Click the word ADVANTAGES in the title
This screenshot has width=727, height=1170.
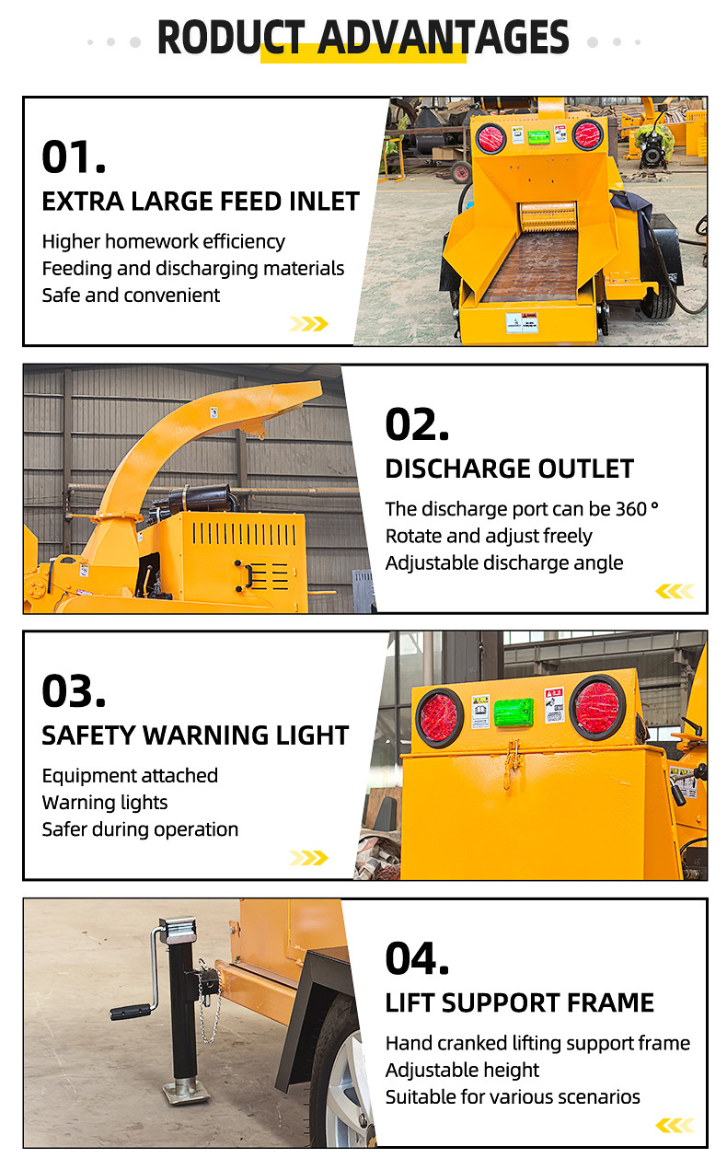pos(444,37)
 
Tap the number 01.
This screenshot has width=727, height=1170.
pos(74,156)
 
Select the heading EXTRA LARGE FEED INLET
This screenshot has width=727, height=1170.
pos(201,202)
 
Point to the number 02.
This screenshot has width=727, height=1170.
pos(417,424)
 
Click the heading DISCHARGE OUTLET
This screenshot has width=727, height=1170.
pos(509,469)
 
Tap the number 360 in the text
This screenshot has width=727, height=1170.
pos(631,509)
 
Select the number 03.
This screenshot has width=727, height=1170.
pos(74,691)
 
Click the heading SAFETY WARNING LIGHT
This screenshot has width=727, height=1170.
pos(195,736)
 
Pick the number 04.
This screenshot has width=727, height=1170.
pos(417,958)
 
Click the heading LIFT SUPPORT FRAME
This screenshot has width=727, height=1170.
pos(519,1002)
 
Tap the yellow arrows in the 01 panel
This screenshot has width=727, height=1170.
pos(308,324)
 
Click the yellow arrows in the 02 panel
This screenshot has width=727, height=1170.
pos(675,591)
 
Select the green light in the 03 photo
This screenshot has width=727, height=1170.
pos(514,712)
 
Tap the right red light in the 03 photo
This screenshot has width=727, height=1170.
pos(597,704)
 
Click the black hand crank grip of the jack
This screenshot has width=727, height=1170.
pos(131,1013)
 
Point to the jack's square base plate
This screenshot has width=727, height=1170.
pos(186,1093)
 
